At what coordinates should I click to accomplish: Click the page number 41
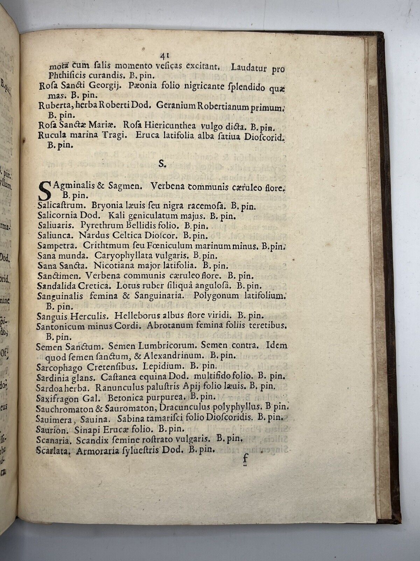pos(164,55)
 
